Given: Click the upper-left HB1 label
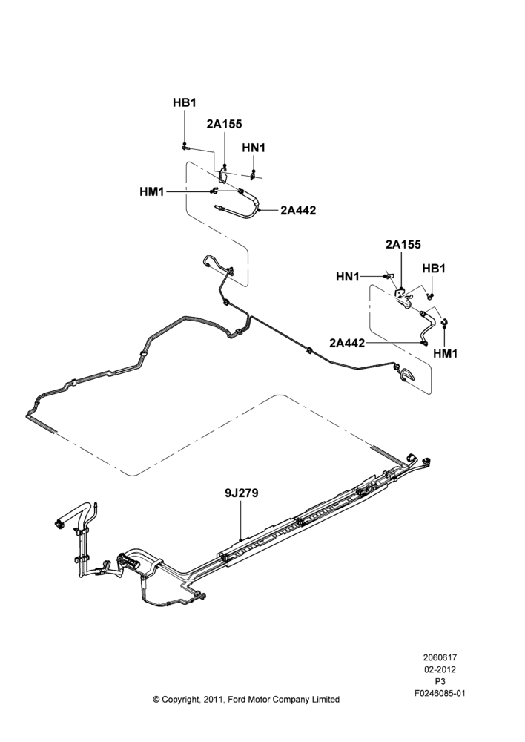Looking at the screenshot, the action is coord(184,102).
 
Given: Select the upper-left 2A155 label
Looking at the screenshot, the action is coord(224,124).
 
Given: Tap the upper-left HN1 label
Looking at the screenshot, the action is coord(254,148).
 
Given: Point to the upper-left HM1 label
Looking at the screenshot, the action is coord(152,191).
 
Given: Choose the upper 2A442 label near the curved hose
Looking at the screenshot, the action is coord(298,210).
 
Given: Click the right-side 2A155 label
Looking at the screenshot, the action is coord(403,245).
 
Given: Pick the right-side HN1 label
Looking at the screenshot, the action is coord(348,276).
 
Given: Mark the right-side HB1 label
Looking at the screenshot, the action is coord(434,269).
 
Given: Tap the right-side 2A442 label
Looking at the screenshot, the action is coord(347,343).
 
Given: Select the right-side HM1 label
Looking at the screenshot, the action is coord(445,353).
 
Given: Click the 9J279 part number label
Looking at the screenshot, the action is coord(241,493).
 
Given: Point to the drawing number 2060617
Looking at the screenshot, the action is coord(440,657).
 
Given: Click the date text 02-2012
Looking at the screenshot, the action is coord(440,669).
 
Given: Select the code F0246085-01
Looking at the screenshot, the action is coord(440,694).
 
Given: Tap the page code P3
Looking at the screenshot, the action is coord(440,682).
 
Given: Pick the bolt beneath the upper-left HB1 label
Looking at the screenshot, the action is coord(185,148).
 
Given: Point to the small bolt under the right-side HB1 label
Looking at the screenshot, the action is coord(430,296).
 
